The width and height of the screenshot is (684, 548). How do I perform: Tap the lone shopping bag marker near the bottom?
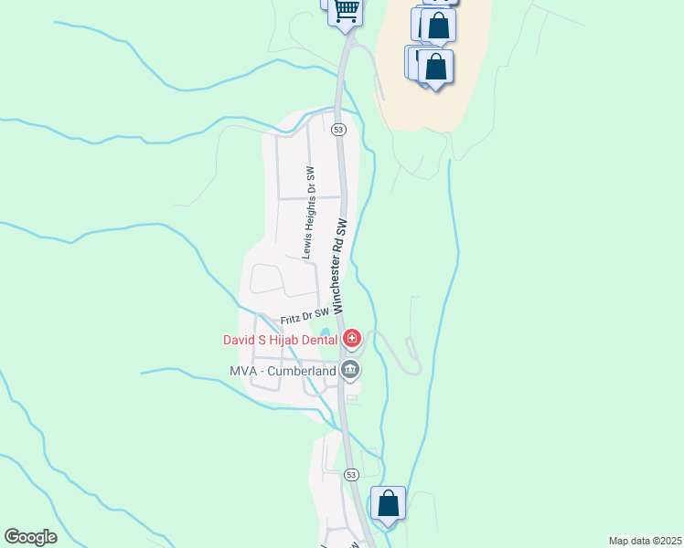[389, 503]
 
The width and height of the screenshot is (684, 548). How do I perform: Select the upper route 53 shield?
[339, 131]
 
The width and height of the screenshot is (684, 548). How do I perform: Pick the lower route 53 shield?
[351, 475]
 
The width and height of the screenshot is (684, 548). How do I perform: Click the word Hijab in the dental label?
[281, 341]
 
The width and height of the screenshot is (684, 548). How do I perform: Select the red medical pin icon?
[352, 341]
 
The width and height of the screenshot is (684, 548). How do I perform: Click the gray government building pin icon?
[349, 370]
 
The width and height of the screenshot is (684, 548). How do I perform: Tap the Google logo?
[30, 536]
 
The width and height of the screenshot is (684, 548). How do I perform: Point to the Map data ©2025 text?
[645, 541]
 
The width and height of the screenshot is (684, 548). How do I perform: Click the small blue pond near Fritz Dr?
[323, 332]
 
